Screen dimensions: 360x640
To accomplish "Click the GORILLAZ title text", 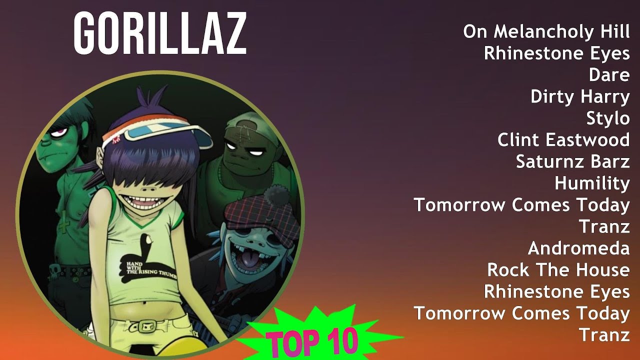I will (x=160, y=34).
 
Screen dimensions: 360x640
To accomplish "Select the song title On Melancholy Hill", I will (x=546, y=31).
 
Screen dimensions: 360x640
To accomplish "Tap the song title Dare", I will (x=609, y=75).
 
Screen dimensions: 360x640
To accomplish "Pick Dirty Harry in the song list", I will (x=580, y=96).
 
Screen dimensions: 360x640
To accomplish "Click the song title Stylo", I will (x=608, y=118).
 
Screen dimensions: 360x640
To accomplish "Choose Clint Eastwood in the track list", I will (x=563, y=140).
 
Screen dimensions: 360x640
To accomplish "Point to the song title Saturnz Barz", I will (x=572, y=161).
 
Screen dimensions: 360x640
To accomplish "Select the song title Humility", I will (x=592, y=183).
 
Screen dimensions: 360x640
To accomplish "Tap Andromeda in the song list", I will (x=578, y=248).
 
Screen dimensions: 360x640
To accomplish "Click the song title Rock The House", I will (x=558, y=270).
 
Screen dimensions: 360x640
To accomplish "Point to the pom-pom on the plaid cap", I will (x=276, y=195).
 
